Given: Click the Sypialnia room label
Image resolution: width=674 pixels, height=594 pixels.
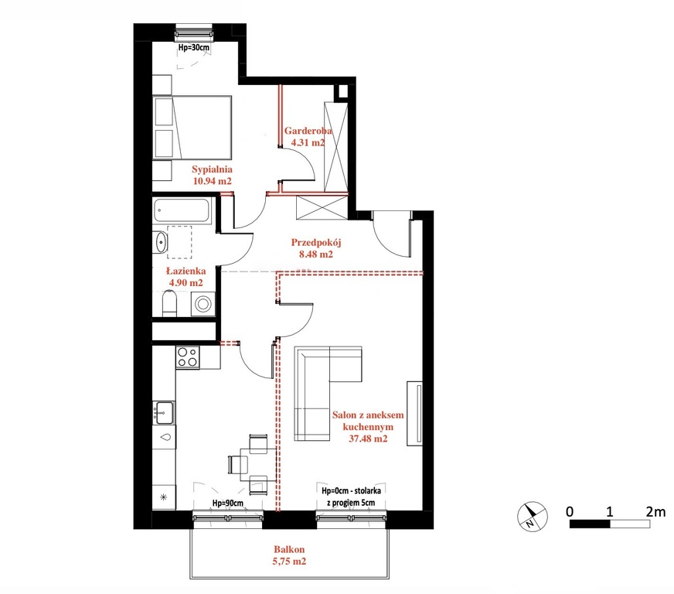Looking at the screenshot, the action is (212, 175).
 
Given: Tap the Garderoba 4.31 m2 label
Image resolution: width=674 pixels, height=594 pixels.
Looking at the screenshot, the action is (308, 137).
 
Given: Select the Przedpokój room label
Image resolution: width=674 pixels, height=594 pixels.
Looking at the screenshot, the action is (316, 248).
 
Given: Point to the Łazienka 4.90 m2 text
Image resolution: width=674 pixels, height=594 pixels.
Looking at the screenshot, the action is (186, 277).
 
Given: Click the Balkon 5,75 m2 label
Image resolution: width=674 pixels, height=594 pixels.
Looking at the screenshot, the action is (289, 555).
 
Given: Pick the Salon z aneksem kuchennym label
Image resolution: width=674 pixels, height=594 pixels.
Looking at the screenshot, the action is (368, 427).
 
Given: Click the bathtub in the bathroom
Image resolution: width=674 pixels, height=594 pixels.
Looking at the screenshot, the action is (182, 210).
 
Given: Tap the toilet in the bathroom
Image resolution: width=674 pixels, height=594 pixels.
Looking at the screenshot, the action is (169, 304).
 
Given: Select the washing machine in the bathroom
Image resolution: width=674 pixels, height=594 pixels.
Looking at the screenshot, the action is (203, 304).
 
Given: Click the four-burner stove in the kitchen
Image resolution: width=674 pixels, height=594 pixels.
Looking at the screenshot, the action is (187, 357).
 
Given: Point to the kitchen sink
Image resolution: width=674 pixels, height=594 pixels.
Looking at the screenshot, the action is (164, 412).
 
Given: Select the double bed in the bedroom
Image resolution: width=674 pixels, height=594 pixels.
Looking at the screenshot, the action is (192, 128).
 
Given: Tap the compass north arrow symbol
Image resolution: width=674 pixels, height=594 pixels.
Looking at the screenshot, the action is (532, 516).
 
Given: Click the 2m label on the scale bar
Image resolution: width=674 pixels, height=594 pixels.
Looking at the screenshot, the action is (655, 512).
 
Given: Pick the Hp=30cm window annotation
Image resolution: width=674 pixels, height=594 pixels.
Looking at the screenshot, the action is (194, 47).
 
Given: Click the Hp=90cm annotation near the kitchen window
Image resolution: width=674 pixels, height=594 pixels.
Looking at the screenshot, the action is (228, 503).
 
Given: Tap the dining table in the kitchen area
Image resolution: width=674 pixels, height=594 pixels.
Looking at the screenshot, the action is (258, 464).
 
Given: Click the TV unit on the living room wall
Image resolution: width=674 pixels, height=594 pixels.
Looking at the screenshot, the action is (415, 413).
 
